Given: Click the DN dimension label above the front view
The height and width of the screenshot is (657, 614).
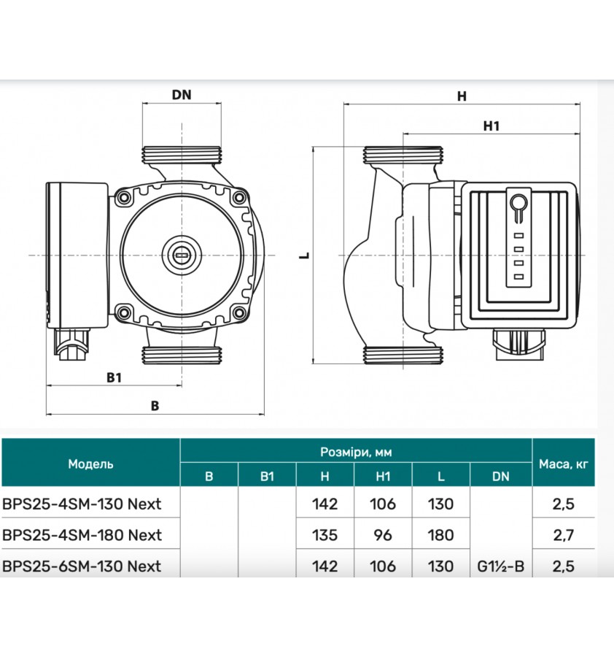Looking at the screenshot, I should click(x=181, y=95).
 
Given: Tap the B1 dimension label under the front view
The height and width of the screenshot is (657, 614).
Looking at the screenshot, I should click(x=113, y=377).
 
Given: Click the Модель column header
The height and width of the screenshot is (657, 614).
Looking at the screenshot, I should click(x=90, y=464).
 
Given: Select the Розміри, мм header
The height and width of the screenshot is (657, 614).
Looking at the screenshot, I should click(x=356, y=452).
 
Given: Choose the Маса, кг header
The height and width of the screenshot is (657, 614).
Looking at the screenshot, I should click(x=564, y=464).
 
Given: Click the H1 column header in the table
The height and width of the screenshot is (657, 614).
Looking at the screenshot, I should click(x=383, y=477).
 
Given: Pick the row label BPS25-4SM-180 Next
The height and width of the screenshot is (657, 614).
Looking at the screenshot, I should click(x=82, y=535).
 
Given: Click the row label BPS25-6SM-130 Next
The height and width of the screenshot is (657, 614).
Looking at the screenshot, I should click(x=82, y=566).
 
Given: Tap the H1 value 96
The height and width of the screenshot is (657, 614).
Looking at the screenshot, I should click(x=383, y=535).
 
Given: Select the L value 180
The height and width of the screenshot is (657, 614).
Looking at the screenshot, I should click(x=440, y=535).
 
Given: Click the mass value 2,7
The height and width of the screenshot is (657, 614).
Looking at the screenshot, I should click(x=564, y=535).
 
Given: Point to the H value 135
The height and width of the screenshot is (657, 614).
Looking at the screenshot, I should click(x=325, y=535).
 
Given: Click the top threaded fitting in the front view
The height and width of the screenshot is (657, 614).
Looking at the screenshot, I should click(x=181, y=155).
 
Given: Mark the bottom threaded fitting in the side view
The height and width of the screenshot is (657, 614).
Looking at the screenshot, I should click(x=403, y=353).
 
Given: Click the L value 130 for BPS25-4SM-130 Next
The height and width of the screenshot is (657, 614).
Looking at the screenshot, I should click(x=440, y=504).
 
